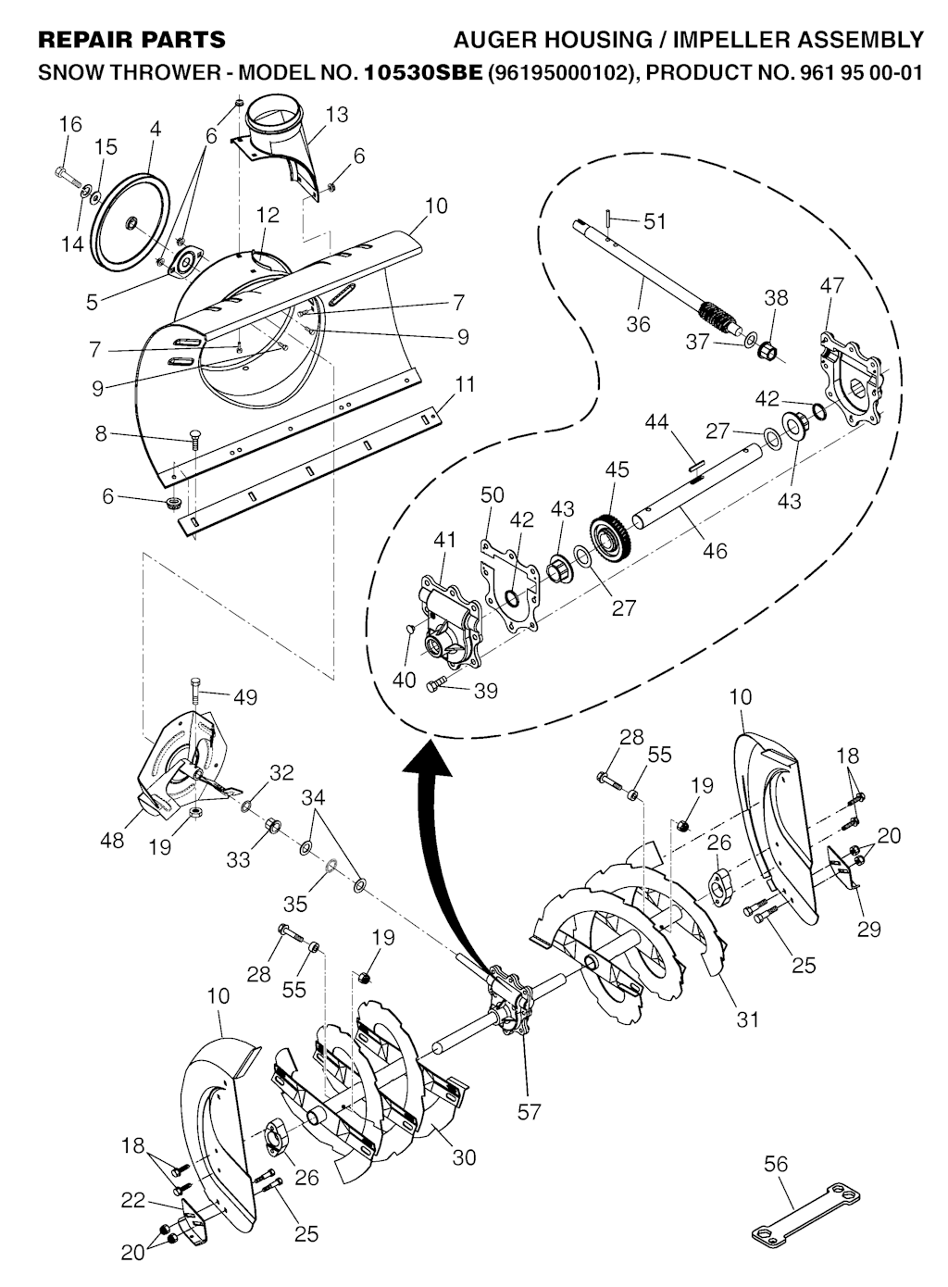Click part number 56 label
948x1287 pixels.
776,1163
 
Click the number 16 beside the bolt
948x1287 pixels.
70,124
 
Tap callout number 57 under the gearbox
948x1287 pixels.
529,1111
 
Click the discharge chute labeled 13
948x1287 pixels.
278,139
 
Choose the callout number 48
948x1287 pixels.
112,841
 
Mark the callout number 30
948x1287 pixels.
464,1156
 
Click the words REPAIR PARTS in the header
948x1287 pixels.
131,39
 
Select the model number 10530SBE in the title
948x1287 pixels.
425,71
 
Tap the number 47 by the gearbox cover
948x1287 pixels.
831,285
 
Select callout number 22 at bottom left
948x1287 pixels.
133,1200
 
